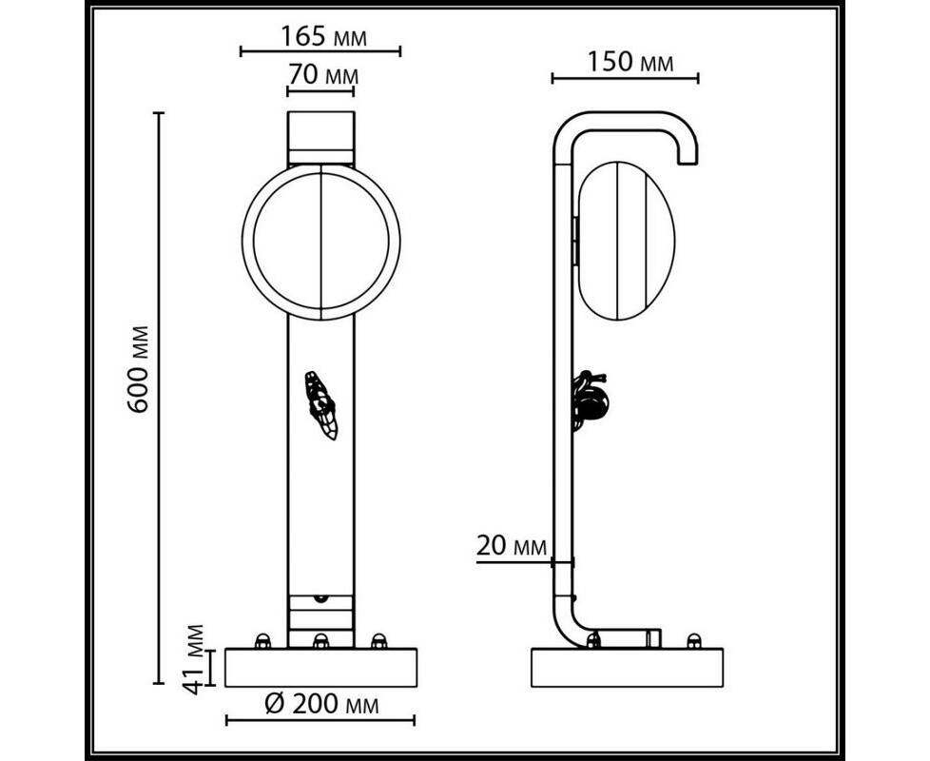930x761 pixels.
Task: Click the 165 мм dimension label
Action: click(323, 37)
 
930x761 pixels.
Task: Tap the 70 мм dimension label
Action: click(323, 75)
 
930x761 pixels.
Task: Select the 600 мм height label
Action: click(140, 368)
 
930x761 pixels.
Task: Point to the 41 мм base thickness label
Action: click(194, 658)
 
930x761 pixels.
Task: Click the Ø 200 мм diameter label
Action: click(320, 704)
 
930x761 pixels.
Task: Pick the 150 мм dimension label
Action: click(630, 62)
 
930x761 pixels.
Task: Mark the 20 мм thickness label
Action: click(511, 546)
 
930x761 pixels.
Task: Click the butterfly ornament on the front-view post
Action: click(320, 405)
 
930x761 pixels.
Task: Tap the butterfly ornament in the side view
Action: click(591, 400)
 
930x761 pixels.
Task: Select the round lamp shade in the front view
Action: click(320, 242)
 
